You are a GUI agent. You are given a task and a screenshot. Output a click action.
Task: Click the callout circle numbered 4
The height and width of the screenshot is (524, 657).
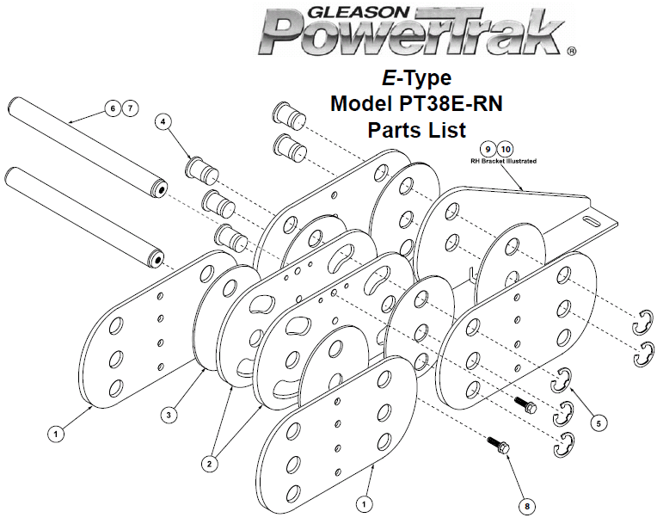(163, 121)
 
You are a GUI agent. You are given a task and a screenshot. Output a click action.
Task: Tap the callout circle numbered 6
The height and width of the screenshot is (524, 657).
(113, 108)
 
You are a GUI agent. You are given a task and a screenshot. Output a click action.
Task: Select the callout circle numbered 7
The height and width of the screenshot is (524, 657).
(131, 108)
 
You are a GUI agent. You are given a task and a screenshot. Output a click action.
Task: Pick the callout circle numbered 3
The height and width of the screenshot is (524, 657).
(169, 415)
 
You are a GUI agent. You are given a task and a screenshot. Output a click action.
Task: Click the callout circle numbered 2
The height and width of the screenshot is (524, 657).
(209, 464)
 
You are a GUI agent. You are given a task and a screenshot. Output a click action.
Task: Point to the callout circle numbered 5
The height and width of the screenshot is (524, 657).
(599, 423)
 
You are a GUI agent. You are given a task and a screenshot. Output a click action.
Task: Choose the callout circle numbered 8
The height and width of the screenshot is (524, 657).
(526, 507)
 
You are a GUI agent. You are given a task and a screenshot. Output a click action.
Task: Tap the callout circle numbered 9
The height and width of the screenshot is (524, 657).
(488, 149)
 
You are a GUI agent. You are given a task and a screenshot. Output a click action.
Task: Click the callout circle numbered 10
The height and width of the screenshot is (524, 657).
(506, 149)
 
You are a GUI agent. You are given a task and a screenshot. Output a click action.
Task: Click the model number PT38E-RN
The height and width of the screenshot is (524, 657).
(451, 103)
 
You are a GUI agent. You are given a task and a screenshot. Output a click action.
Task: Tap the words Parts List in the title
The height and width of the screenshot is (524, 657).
(417, 130)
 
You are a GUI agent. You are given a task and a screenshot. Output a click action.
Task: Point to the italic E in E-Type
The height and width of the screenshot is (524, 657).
(389, 78)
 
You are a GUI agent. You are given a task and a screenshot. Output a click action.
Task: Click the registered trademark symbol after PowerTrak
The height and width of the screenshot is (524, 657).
(571, 51)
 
